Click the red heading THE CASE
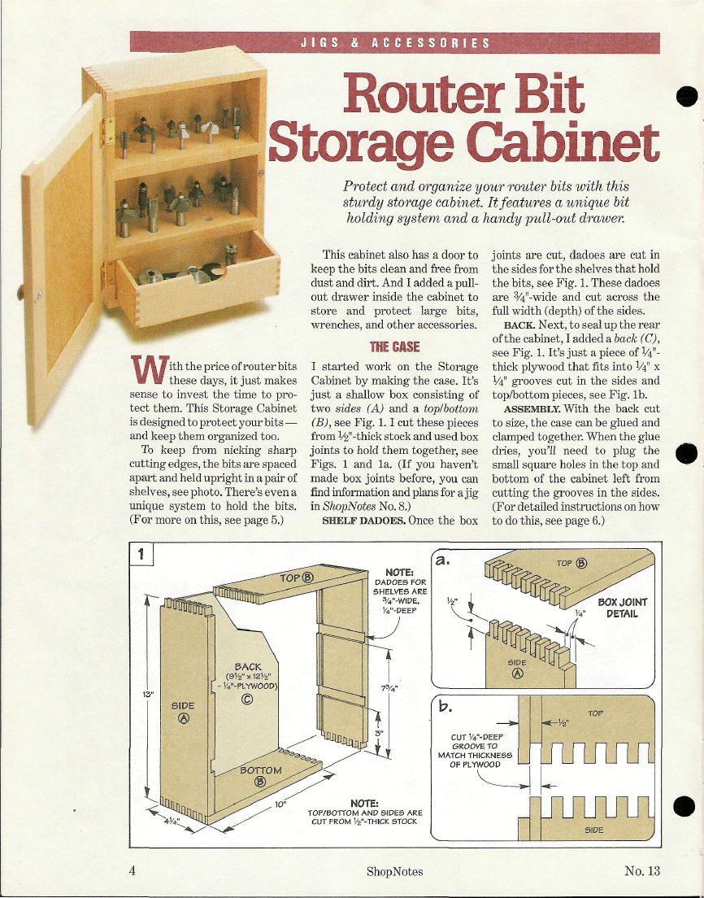[394, 347]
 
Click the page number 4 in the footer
[133, 870]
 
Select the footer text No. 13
[642, 871]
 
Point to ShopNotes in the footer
[395, 872]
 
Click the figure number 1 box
[141, 554]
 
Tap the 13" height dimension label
[148, 694]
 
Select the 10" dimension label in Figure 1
[280, 804]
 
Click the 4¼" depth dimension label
[172, 821]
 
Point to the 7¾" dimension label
[389, 687]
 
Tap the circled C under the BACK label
[247, 699]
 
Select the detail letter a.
[442, 560]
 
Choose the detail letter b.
[445, 707]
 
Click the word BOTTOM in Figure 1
[260, 770]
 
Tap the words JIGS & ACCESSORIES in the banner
[395, 43]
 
